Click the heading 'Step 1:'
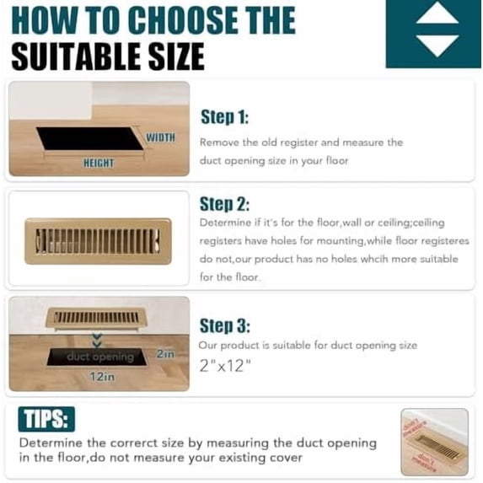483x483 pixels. [x=224, y=117]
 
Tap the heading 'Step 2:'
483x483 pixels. [x=224, y=204]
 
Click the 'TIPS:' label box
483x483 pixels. [x=46, y=419]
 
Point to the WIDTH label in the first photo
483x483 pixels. [x=160, y=137]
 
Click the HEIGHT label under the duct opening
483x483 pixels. [x=99, y=163]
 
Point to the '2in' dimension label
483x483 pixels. [x=165, y=355]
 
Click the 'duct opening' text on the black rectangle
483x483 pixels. [x=101, y=357]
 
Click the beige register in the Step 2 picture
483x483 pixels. [x=98, y=241]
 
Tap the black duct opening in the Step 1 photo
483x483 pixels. [x=89, y=138]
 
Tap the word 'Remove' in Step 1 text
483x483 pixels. [x=218, y=142]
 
